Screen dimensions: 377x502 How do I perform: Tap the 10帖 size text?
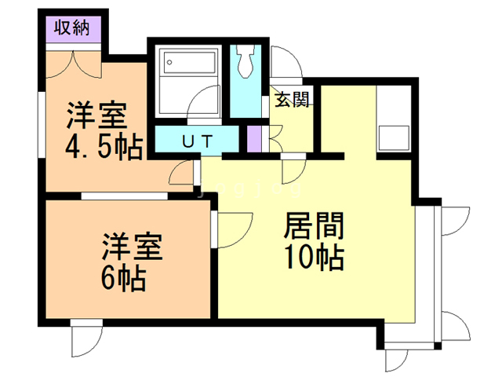313,257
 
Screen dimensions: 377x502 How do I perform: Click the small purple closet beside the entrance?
253,139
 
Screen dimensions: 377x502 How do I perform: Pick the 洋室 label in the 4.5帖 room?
96,118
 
